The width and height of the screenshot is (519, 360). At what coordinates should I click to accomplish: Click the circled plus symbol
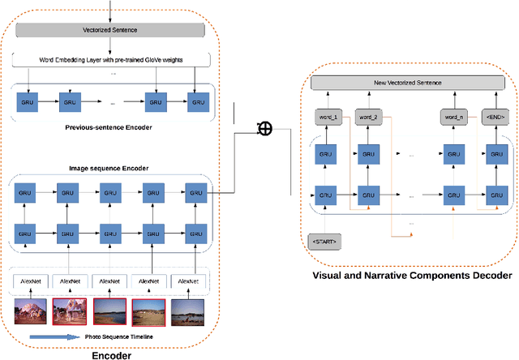pyautogui.click(x=263, y=128)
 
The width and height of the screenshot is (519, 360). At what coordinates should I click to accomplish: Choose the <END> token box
pyautogui.click(x=494, y=117)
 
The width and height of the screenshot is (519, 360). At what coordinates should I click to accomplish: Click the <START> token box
pyautogui.click(x=324, y=242)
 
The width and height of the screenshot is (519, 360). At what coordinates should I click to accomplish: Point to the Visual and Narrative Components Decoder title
pyautogui.click(x=412, y=276)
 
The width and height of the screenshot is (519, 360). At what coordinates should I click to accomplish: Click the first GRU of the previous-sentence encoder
pyautogui.click(x=28, y=103)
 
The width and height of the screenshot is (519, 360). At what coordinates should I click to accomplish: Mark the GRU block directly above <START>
pyautogui.click(x=326, y=195)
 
